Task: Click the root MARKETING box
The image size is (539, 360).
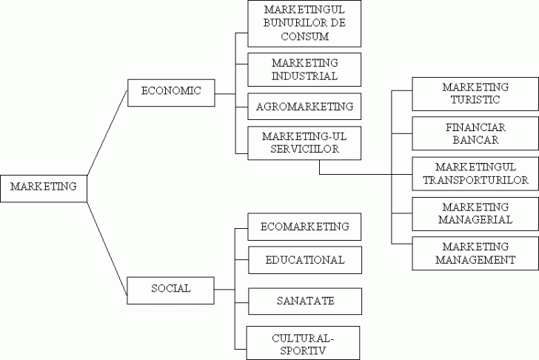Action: (x=44, y=187)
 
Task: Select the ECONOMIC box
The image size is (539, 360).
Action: (x=171, y=90)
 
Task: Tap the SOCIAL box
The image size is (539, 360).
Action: (x=171, y=288)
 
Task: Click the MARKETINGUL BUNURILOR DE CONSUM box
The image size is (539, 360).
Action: (x=304, y=23)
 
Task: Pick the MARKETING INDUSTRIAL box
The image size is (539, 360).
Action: (x=304, y=70)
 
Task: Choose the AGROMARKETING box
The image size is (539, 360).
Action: (x=304, y=106)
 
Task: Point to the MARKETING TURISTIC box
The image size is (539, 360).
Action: (x=475, y=93)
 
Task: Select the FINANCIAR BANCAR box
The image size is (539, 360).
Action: (x=475, y=133)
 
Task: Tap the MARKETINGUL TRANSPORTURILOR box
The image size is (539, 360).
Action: (x=475, y=173)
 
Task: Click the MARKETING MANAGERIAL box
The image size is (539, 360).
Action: (x=475, y=213)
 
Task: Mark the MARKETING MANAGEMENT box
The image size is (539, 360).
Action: (x=475, y=253)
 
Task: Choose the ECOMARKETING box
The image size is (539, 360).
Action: (x=304, y=227)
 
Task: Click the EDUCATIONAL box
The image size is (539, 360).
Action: (x=304, y=260)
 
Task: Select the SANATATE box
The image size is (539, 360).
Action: (x=304, y=301)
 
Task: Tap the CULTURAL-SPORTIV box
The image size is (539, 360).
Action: (x=304, y=342)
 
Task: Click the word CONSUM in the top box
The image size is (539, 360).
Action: (x=304, y=36)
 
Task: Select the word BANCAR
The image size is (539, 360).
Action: (x=475, y=139)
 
